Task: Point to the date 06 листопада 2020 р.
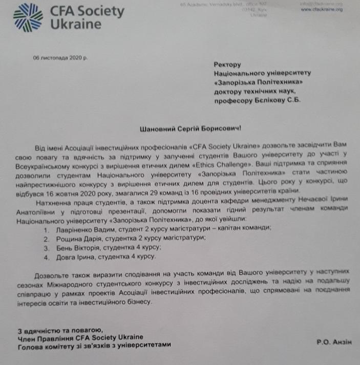point(59,57)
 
